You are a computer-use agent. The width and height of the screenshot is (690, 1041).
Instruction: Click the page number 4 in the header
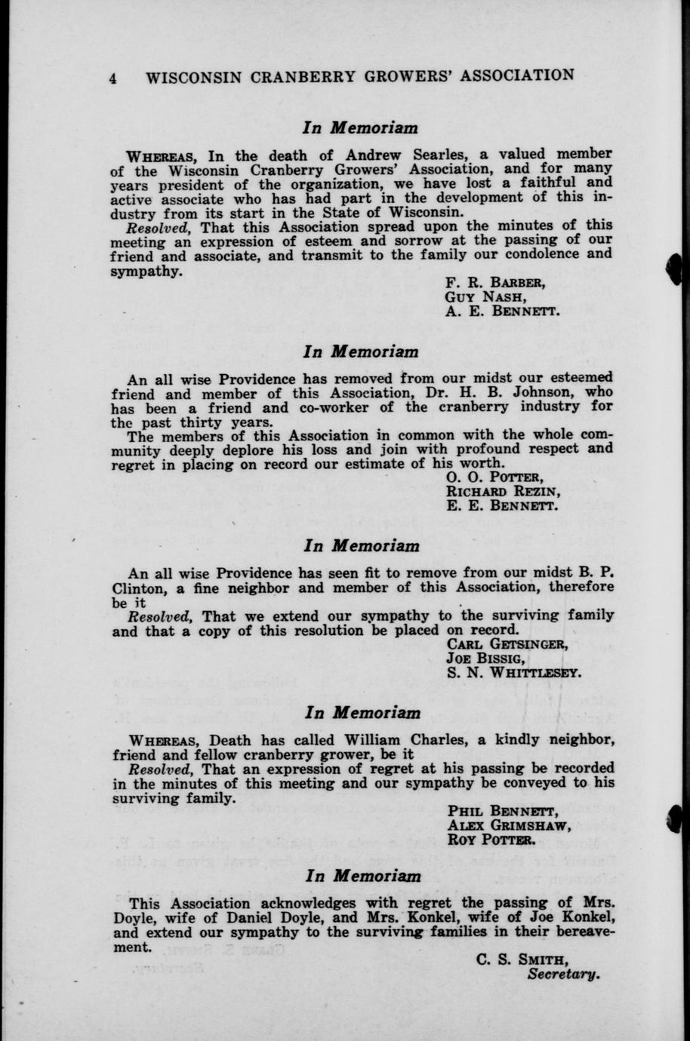coord(113,77)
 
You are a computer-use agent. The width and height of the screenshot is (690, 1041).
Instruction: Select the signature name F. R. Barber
coord(495,283)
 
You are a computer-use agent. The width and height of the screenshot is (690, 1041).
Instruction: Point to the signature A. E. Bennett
coord(502,311)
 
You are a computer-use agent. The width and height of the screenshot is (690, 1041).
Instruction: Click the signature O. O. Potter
coord(494,477)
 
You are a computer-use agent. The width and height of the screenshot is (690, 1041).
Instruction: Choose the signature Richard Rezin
coord(503,491)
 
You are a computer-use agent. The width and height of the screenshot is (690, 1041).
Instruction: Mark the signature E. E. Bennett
coord(502,505)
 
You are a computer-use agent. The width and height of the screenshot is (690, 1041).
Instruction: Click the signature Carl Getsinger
coord(507,643)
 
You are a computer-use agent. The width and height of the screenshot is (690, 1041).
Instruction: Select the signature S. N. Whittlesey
coord(514,672)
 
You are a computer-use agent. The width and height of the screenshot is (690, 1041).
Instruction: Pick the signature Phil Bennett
coord(502,811)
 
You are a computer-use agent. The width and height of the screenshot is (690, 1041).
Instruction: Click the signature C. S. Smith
coord(522,960)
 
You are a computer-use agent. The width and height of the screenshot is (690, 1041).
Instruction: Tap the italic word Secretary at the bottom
coord(564,974)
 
